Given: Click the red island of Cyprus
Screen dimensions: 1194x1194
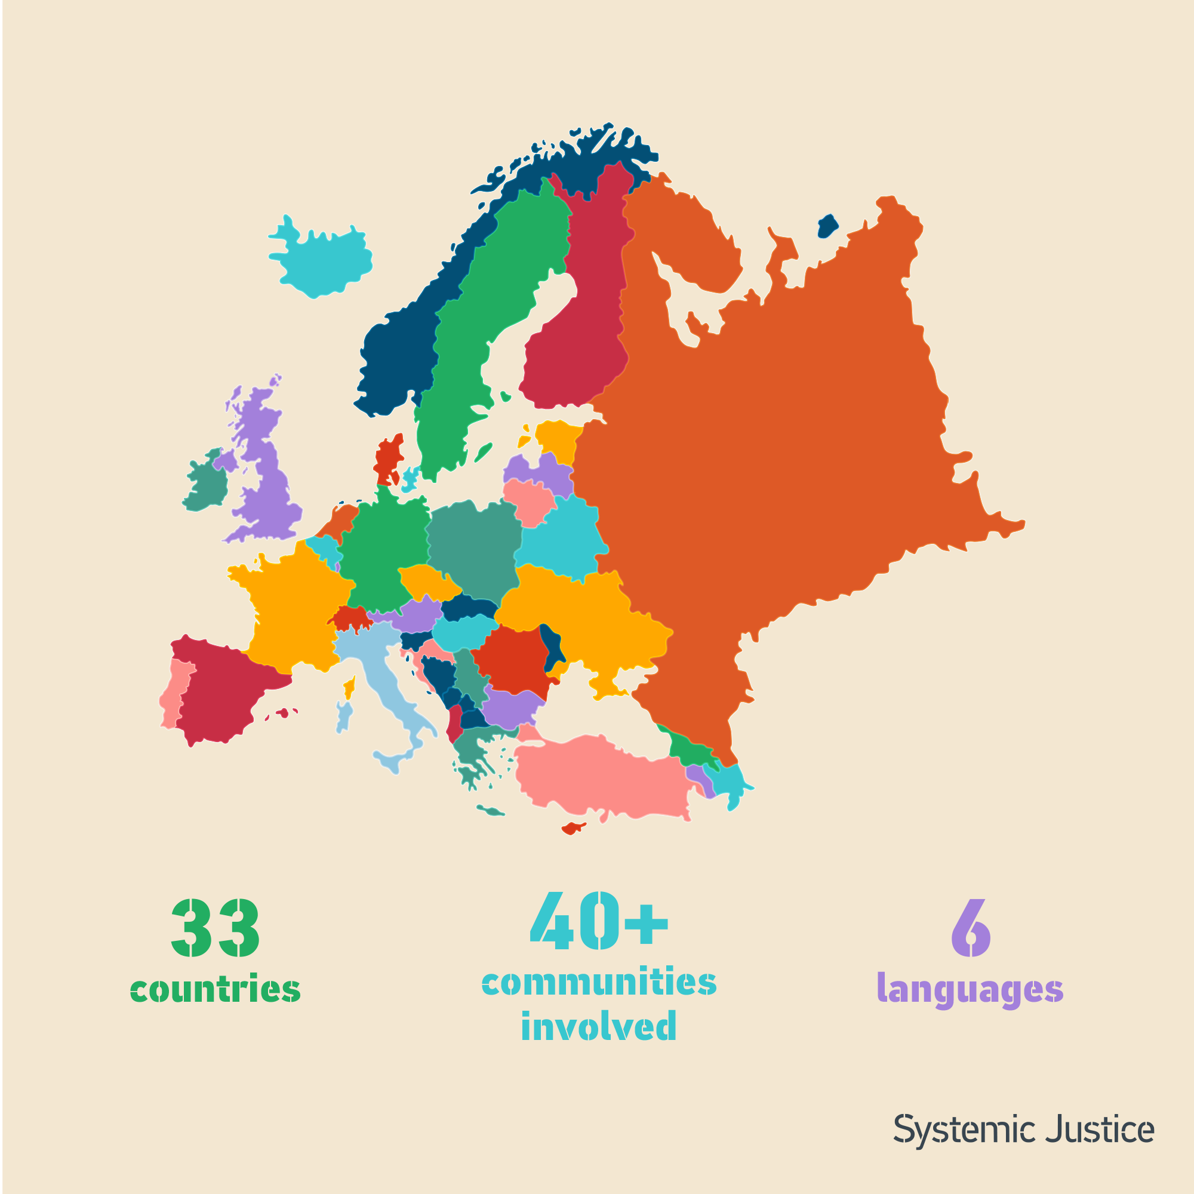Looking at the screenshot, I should (572, 828).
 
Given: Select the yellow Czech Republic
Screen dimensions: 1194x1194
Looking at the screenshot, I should (426, 581).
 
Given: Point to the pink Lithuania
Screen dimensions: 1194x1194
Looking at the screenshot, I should (529, 501).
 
